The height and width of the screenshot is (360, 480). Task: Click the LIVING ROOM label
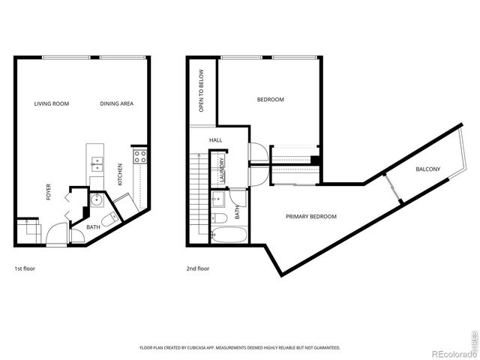[x=52, y=103]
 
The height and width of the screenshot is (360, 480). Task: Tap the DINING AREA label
[x=116, y=103]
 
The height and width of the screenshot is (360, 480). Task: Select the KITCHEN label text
[x=119, y=174]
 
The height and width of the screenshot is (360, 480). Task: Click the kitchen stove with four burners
[x=139, y=157]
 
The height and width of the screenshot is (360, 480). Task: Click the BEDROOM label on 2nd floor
[x=271, y=99]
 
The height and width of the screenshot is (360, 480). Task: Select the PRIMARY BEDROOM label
[x=310, y=217]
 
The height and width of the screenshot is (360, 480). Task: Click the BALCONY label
[x=427, y=169]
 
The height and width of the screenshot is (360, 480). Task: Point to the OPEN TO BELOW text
[x=202, y=91]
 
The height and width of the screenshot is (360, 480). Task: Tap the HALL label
[x=215, y=140]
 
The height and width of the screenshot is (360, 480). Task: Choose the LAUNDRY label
[x=223, y=169]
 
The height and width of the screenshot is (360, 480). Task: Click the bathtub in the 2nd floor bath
[x=227, y=233]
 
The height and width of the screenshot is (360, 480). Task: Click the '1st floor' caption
[x=25, y=268]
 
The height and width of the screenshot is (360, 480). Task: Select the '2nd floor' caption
[x=198, y=268]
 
